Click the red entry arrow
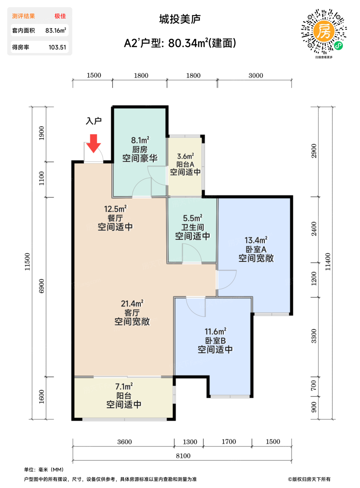point(93,143)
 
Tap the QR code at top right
point(324,32)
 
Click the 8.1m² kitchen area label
point(140,140)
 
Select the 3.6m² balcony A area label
point(185,156)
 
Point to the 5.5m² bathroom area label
point(193,218)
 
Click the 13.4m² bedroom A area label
point(256,240)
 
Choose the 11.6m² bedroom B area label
point(216,331)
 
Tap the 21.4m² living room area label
point(132,303)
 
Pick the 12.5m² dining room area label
point(115,209)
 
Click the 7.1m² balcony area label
point(124,387)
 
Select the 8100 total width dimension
point(183,456)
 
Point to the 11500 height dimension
point(27,262)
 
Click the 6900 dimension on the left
point(42,286)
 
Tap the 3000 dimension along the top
point(256,75)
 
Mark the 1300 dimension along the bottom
point(190,442)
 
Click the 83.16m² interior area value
point(55,30)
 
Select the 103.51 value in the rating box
point(57,47)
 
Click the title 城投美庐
point(180,19)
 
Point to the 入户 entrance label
point(93,121)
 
